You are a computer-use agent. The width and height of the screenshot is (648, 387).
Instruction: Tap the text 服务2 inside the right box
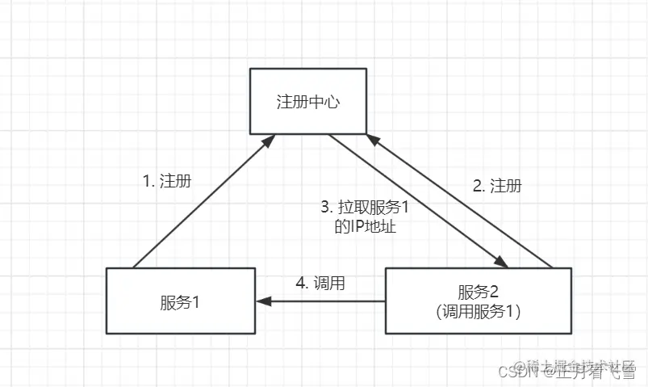pos(479,292)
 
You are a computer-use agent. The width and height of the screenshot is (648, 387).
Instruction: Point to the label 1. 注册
pos(167,181)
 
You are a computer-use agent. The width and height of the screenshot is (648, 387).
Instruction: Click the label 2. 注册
pos(496,186)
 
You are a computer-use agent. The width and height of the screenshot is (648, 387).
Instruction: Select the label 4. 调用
pos(321,283)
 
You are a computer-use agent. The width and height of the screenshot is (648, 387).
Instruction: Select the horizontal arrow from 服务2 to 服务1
pos(323,301)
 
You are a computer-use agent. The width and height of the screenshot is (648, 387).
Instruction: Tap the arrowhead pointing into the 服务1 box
pos(261,301)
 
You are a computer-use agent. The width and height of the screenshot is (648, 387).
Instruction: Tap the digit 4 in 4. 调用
pos(301,283)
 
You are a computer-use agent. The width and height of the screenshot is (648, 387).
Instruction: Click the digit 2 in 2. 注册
pos(476,186)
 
